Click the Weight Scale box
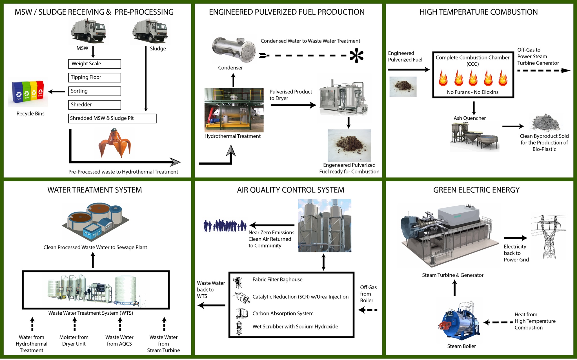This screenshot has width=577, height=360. coord(94,64)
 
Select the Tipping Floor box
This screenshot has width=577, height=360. coord(94,77)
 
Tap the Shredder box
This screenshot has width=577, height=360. coord(94,105)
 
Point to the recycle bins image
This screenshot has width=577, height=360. coord(28,92)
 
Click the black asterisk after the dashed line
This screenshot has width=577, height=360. coord(356,56)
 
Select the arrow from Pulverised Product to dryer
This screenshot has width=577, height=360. coord(293,105)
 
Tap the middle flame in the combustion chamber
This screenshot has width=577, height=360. coord(473,78)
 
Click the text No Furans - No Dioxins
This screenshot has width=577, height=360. coord(472,92)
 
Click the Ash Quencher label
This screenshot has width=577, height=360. coord(469,118)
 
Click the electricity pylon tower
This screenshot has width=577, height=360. coord(549,237)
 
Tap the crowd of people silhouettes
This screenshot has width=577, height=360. coord(225,226)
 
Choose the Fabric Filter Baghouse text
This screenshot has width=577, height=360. coord(277,279)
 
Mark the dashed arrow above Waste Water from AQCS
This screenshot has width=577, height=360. coord(120,324)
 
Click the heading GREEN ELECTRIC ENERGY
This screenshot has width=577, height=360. coord(476,190)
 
